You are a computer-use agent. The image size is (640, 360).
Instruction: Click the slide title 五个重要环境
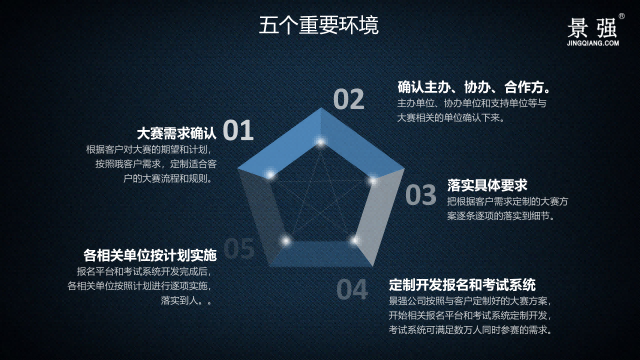pos(319,25)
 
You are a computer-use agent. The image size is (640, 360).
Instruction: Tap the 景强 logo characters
pos(592,26)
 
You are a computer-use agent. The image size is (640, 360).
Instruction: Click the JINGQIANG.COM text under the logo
pos(593,44)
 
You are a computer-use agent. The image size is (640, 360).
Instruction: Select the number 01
pos(238,130)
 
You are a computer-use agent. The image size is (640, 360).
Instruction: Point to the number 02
pos(349,99)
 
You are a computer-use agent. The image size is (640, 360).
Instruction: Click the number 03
pos(420,194)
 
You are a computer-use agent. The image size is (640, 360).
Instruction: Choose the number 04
pos(351,290)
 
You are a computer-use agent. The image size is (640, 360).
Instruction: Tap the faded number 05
pos(238,248)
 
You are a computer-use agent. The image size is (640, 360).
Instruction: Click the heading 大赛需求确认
pos(176,132)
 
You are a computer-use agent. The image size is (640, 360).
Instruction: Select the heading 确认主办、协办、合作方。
pos(474,87)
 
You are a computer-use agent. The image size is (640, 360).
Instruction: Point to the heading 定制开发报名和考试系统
pos(462,283)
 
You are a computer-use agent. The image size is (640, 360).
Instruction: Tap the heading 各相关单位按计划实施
pos(150,254)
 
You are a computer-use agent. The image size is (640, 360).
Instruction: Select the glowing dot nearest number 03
pos(372,181)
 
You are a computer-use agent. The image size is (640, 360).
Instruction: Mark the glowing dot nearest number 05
pos(286,241)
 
